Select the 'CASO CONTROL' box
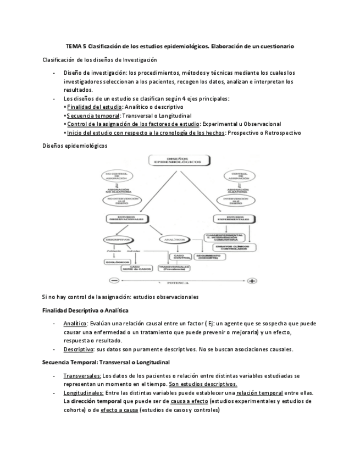182,257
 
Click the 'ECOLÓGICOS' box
117,262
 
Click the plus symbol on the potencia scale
252,281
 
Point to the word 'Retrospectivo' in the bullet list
280,133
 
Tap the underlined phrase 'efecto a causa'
118,410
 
